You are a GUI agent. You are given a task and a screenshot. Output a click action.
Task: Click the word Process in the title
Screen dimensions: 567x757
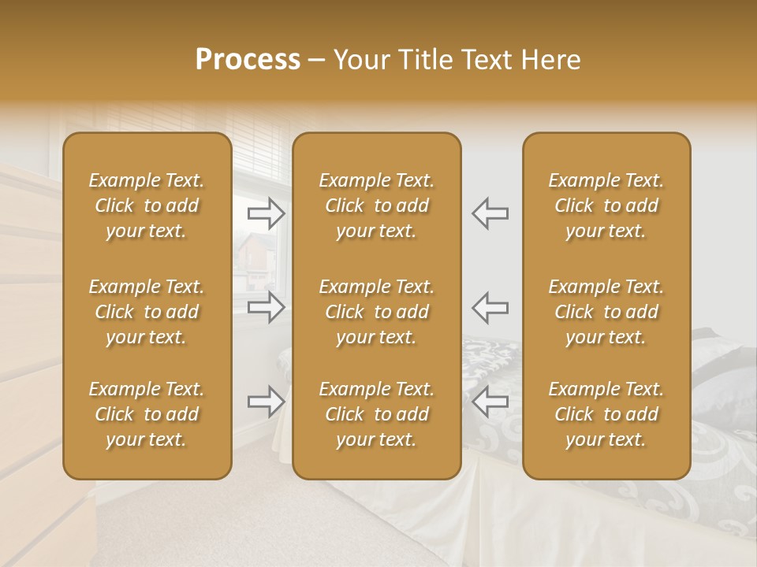pyautogui.click(x=248, y=60)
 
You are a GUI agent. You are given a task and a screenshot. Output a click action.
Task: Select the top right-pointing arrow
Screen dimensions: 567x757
pyautogui.click(x=267, y=213)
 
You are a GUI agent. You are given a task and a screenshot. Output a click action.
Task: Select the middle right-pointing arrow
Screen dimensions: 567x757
pyautogui.click(x=267, y=306)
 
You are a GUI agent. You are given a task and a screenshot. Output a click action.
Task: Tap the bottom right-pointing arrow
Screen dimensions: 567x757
pyautogui.click(x=267, y=402)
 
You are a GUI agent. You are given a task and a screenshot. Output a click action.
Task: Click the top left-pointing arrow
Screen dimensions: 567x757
pyautogui.click(x=490, y=213)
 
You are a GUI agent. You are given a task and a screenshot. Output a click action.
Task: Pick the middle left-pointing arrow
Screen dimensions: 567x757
pyautogui.click(x=490, y=306)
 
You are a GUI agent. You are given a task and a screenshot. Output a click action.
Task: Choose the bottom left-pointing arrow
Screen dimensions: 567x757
pyautogui.click(x=490, y=402)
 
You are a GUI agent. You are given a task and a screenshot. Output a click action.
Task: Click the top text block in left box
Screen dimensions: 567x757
pyautogui.click(x=147, y=206)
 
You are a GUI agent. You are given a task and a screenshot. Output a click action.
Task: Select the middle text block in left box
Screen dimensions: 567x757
pyautogui.click(x=147, y=312)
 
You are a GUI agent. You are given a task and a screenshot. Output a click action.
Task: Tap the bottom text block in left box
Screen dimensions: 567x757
pyautogui.click(x=147, y=414)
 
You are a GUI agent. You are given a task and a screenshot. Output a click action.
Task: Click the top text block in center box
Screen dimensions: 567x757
pyautogui.click(x=377, y=206)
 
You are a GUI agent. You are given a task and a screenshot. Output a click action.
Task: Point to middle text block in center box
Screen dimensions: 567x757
pyautogui.click(x=377, y=312)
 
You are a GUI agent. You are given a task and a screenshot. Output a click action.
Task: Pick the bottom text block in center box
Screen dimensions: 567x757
pyautogui.click(x=377, y=414)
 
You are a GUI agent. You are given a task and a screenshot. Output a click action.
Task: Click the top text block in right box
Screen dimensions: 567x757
pyautogui.click(x=606, y=206)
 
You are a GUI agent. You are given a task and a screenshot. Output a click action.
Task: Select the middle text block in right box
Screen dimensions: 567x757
pyautogui.click(x=606, y=312)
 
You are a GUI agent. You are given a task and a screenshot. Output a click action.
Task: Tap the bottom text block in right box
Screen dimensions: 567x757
pyautogui.click(x=606, y=414)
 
